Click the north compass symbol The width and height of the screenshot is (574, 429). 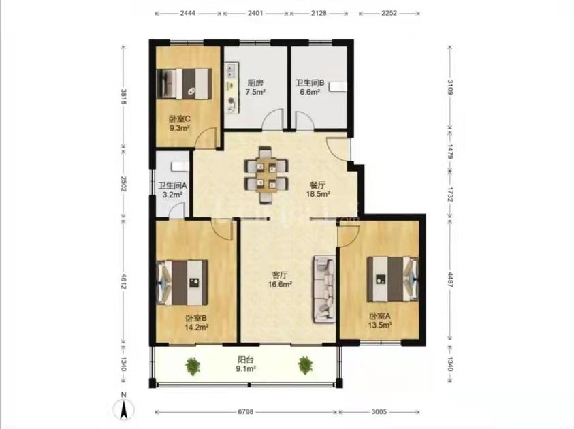coord(124,407)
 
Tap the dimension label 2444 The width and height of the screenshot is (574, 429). coord(188,13)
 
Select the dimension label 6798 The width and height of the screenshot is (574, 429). coord(246,412)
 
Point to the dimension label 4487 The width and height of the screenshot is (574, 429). coord(450,280)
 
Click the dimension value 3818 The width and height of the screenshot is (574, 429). coord(124,97)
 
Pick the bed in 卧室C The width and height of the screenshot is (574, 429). coord(184,84)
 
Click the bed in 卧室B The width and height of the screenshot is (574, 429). coord(182,283)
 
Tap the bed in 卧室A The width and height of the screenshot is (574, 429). coord(393,279)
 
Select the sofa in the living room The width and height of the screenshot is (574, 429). coord(324,289)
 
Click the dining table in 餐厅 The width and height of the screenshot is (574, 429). coord(266,175)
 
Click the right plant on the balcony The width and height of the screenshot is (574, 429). coord(305,365)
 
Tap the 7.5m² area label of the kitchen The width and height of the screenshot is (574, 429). coord(255,92)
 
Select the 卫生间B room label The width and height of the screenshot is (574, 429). coord(310,83)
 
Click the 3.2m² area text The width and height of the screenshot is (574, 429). coord(172,195)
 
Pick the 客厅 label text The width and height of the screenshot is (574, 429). coord(280,274)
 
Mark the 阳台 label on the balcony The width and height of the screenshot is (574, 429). coord(246,360)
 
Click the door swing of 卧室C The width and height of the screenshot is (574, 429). coord(205,138)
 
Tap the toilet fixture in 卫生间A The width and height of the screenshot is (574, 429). coord(180,166)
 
